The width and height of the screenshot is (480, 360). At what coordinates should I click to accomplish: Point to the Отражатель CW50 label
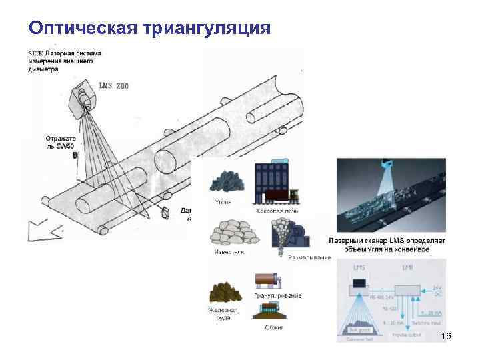[61, 142]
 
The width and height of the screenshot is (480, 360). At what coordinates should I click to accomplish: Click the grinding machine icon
[289, 235]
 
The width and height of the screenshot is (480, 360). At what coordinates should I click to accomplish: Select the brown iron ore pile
[225, 293]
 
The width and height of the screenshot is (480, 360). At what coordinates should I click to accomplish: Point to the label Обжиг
[273, 327]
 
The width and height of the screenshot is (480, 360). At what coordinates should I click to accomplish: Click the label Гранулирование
[277, 295]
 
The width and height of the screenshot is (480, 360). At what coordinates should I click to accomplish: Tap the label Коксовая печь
[277, 211]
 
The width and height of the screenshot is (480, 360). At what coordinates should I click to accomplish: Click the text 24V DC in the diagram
[437, 291]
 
